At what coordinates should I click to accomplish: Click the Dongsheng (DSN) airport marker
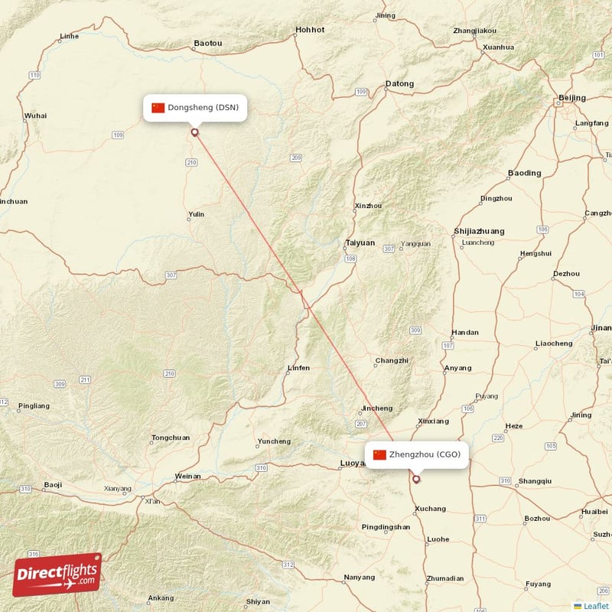click(x=194, y=132)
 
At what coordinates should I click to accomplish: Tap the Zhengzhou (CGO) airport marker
click(x=416, y=480)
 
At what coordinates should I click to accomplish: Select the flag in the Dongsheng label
click(x=158, y=107)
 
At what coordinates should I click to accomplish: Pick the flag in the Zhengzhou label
click(x=379, y=454)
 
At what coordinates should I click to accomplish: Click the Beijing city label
click(x=571, y=98)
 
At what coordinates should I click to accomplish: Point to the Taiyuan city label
click(x=360, y=243)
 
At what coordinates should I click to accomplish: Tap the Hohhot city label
click(x=310, y=30)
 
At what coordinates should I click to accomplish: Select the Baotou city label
click(x=208, y=44)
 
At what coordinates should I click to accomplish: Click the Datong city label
click(x=399, y=84)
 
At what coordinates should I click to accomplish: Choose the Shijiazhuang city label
click(x=479, y=230)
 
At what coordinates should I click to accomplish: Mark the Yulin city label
click(x=197, y=214)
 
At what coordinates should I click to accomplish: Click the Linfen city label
click(x=298, y=368)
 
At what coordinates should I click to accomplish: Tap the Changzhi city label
click(x=392, y=360)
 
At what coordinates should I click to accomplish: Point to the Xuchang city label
click(x=431, y=509)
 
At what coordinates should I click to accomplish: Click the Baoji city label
click(x=53, y=484)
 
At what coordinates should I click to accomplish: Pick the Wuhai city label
click(x=35, y=116)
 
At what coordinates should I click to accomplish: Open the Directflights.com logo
click(x=57, y=575)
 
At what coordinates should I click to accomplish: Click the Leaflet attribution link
click(x=594, y=606)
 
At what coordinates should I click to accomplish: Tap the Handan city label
click(x=465, y=333)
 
